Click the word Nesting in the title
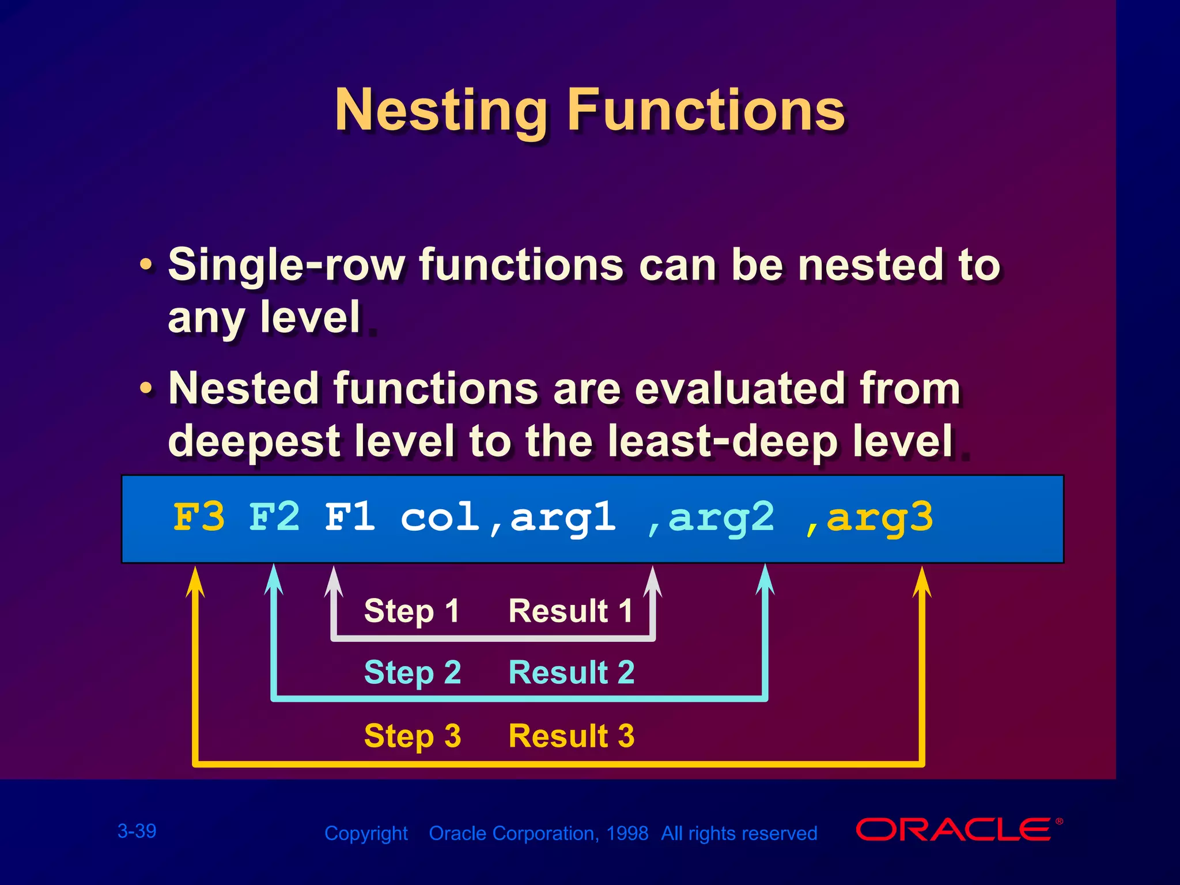pyautogui.click(x=441, y=111)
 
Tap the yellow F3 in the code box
pyautogui.click(x=199, y=517)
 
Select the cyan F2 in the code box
pyautogui.click(x=274, y=517)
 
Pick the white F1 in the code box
pyautogui.click(x=350, y=517)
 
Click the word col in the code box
pyautogui.click(x=440, y=517)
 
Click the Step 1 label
pyautogui.click(x=411, y=611)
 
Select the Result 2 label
pyautogui.click(x=571, y=672)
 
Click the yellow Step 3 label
pyautogui.click(x=413, y=736)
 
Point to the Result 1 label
pyautogui.click(x=570, y=611)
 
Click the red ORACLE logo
pyautogui.click(x=954, y=830)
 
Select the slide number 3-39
pyautogui.click(x=137, y=831)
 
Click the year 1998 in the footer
pyautogui.click(x=627, y=833)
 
